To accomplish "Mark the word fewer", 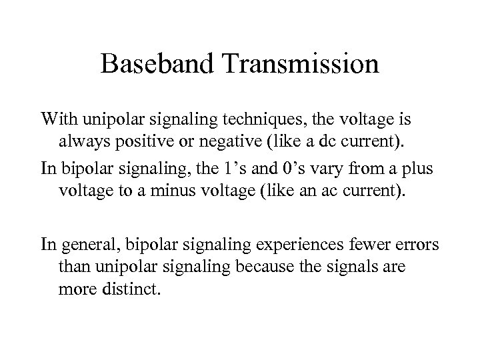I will pyautogui.click(x=365, y=245).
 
